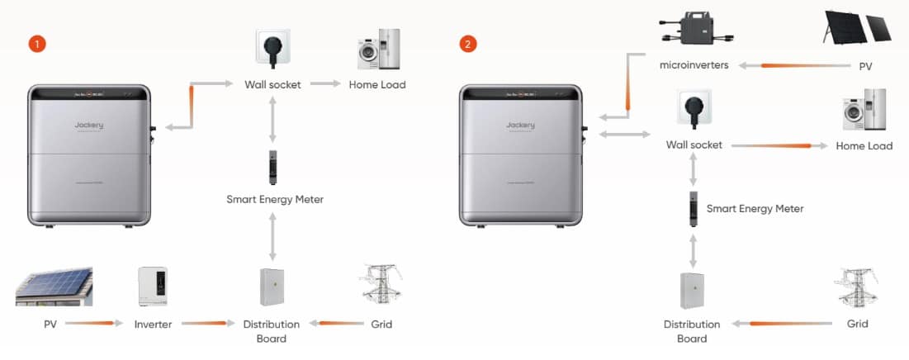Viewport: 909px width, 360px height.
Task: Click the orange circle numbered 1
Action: pos(36,43)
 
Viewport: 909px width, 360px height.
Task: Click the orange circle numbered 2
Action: pos(468,43)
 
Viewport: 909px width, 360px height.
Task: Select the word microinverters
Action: pos(694,65)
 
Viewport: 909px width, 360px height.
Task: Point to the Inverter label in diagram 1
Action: pos(153,324)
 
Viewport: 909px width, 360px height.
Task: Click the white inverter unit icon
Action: pos(153,287)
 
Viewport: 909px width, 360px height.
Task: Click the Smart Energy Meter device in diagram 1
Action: pos(272,167)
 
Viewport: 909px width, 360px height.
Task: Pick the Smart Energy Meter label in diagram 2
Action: pos(755,209)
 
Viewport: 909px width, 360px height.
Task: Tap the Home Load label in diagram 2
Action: pos(864,146)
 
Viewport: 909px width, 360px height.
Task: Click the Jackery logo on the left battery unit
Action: pos(88,126)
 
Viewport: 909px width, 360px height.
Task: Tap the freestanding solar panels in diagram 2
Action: pos(857,26)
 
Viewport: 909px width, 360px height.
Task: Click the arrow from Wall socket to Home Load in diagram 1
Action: pos(324,84)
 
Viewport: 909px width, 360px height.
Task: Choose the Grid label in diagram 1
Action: pos(381,324)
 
